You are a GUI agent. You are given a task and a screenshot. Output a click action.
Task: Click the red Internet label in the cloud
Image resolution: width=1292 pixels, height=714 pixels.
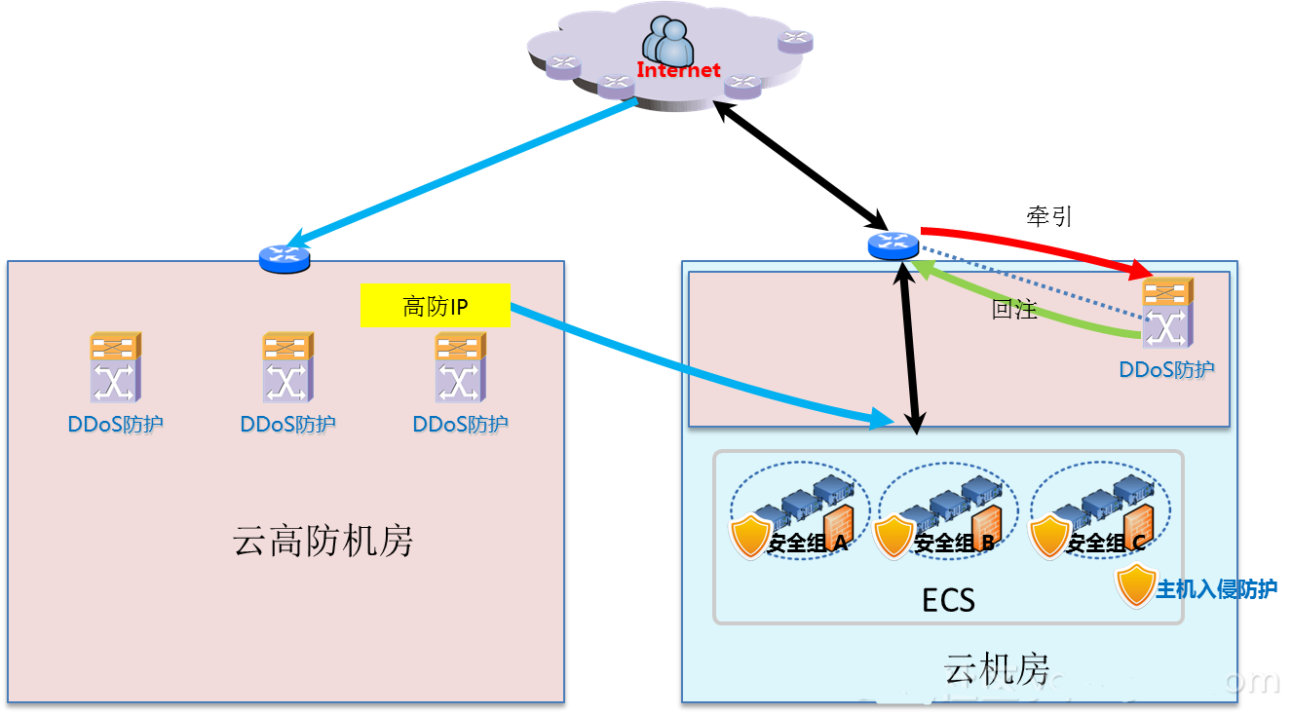[678, 70]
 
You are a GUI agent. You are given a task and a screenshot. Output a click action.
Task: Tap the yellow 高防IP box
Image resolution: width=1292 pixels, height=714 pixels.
[435, 306]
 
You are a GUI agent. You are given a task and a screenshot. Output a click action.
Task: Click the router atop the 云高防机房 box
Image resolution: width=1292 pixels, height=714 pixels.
[285, 258]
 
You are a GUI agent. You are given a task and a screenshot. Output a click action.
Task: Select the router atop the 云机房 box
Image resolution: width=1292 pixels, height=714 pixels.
[893, 246]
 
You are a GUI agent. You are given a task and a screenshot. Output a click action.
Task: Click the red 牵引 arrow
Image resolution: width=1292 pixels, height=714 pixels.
[1033, 243]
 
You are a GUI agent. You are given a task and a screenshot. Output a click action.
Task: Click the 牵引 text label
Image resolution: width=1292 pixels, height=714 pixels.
[1049, 216]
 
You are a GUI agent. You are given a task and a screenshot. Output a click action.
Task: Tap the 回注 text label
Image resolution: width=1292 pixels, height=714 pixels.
[1014, 310]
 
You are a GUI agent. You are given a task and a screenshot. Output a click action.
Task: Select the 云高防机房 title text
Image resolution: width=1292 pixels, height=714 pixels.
[323, 541]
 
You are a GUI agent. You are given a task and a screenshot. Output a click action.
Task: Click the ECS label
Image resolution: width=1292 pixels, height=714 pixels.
[948, 599]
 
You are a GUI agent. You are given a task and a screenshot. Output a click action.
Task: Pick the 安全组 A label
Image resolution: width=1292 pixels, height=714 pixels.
[808, 544]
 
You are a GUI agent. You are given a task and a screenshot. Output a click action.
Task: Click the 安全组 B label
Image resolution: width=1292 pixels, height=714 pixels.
[954, 544]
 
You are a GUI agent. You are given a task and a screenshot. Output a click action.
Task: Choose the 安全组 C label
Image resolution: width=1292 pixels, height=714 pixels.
[1106, 544]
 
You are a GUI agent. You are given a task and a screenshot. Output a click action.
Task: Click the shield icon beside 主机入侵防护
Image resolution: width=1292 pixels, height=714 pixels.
[1135, 585]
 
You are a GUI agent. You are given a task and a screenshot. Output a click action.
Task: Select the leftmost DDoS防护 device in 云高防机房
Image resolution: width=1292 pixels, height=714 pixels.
[116, 367]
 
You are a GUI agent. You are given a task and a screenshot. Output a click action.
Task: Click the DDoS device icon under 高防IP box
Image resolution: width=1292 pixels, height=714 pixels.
[461, 367]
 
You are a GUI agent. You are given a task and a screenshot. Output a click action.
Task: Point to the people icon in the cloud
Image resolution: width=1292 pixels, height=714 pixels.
[667, 41]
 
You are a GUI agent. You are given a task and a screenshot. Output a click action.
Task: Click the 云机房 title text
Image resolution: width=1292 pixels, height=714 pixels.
[996, 671]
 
